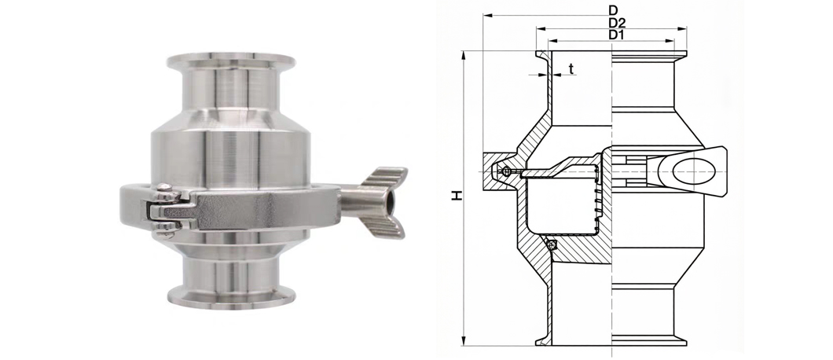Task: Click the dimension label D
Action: (614, 9)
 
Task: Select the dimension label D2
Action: (617, 23)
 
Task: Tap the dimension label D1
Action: (616, 35)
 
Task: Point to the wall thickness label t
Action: (571, 68)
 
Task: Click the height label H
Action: (457, 196)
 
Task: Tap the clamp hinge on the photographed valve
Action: (166, 210)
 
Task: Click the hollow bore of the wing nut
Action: (391, 201)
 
